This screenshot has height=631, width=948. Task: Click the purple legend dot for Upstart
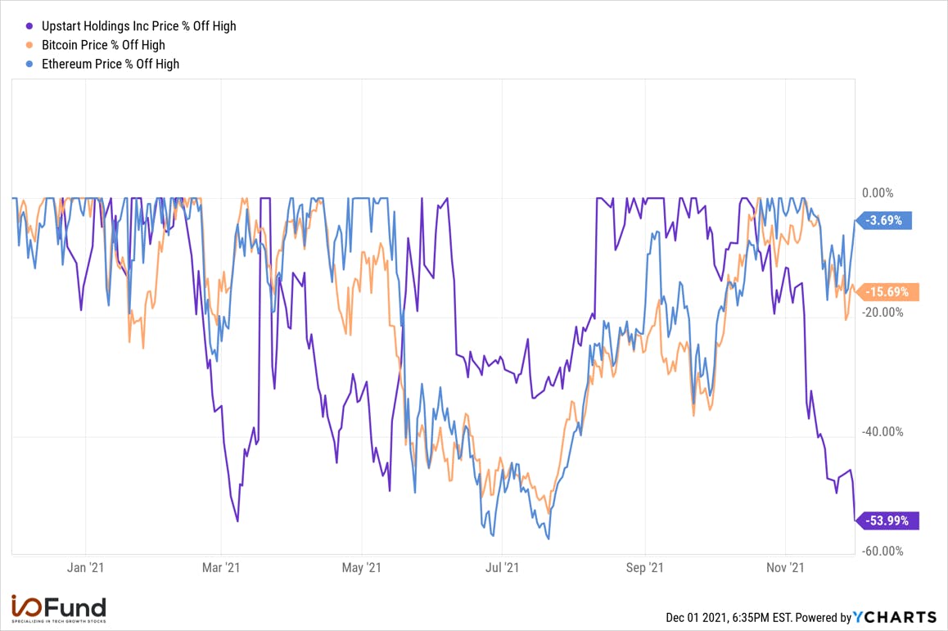(29, 26)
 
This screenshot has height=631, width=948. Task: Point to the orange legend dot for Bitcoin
(29, 45)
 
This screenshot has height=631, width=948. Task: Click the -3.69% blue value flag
(883, 221)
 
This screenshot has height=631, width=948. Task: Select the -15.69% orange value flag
(887, 292)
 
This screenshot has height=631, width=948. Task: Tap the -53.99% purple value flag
(887, 521)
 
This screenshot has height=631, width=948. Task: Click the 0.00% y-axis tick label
(878, 193)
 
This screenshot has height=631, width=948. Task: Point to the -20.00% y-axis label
(883, 312)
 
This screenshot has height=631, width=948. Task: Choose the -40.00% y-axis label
(883, 431)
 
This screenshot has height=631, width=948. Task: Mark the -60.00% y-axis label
(883, 551)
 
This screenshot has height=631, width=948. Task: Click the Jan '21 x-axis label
(85, 567)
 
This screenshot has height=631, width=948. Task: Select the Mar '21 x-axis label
(221, 567)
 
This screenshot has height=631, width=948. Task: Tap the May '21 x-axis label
(362, 567)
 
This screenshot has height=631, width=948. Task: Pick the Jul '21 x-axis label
(502, 567)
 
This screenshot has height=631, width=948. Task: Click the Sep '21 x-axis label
(644, 567)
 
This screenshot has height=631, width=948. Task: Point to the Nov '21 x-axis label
(785, 567)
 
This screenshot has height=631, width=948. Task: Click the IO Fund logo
(59, 609)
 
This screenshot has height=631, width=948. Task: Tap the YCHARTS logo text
(895, 617)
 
